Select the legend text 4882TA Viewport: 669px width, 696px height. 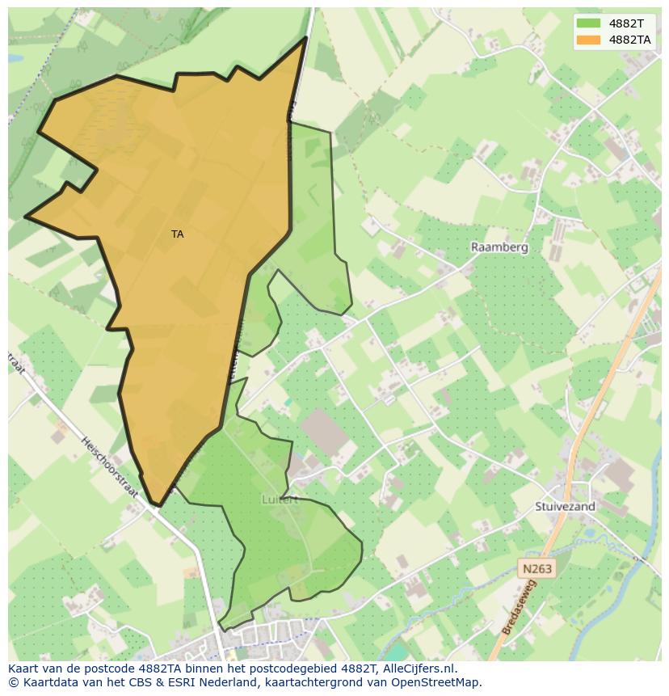pos(630,39)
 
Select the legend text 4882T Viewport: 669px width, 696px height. pos(626,23)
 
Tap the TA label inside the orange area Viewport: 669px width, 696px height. pos(178,234)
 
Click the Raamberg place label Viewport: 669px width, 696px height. pos(499,247)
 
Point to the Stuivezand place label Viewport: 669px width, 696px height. pos(565,507)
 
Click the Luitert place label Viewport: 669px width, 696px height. pos(280,500)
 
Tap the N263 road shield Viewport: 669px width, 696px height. pos(537,569)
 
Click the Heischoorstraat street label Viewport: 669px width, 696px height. pos(110,467)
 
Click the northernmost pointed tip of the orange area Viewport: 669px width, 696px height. pos(306,37)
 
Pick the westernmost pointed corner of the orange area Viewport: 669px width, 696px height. pos(26,217)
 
